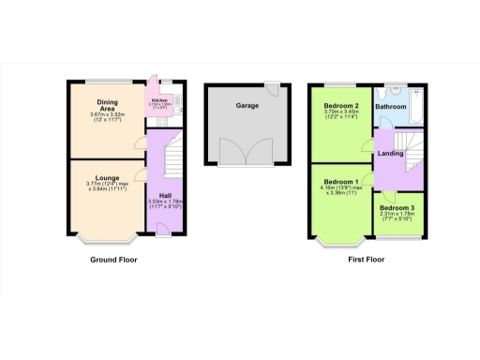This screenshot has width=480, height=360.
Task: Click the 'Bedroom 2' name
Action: click(x=343, y=105)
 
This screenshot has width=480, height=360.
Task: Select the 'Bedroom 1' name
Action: click(x=341, y=181)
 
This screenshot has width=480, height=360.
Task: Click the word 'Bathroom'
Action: click(x=391, y=107)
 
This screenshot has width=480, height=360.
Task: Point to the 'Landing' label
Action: click(x=390, y=152)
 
